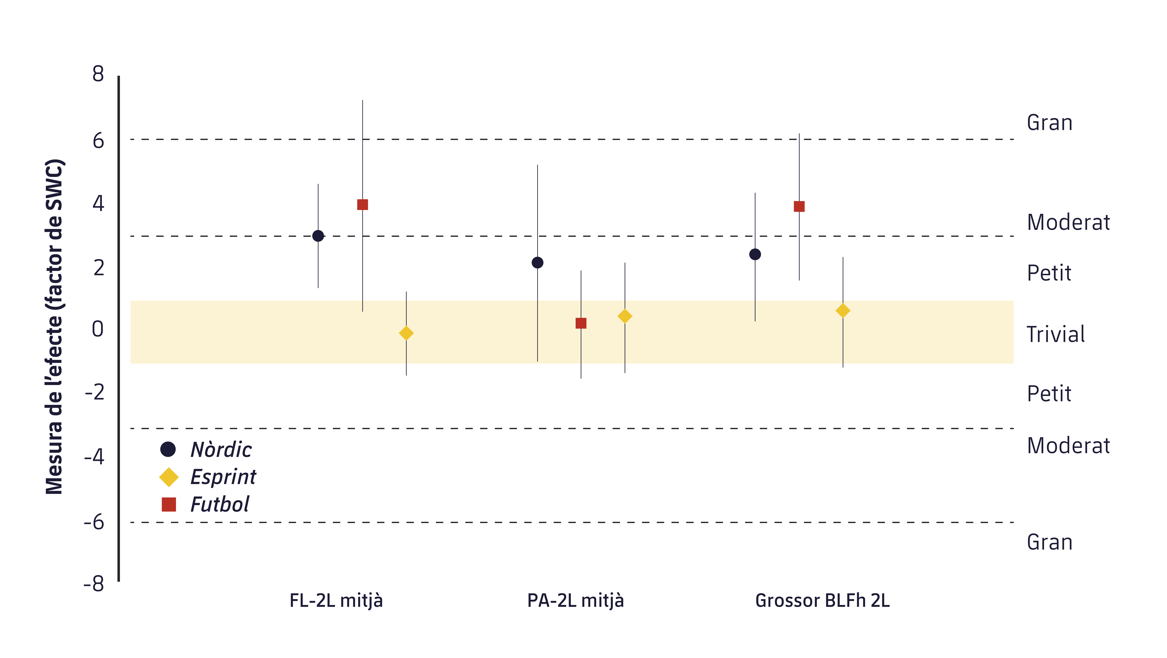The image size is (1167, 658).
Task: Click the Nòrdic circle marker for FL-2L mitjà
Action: coord(318,236)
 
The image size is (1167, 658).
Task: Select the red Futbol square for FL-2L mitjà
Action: coord(362,205)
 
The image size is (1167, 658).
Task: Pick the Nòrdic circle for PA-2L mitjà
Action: coord(537,263)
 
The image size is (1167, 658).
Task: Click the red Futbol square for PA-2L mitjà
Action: coord(581,323)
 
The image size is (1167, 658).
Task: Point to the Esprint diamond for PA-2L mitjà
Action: coord(625,316)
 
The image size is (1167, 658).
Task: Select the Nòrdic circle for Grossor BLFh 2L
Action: coord(755,254)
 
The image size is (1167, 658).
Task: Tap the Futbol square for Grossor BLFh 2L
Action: coord(799,206)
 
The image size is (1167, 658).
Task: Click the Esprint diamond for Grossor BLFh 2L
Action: coord(843,311)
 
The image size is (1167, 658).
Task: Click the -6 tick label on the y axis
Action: coord(94,523)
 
